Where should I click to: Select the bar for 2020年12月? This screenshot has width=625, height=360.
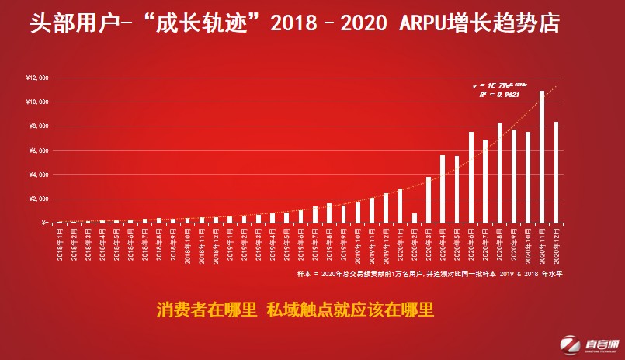coord(556,172)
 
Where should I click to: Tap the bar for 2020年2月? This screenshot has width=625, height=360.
coord(415,218)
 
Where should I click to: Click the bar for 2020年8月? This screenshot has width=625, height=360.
coord(499,172)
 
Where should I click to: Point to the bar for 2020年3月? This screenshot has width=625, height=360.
coord(429,199)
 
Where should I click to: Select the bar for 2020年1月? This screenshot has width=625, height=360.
coord(401,206)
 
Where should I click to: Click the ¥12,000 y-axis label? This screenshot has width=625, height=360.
coord(38,78)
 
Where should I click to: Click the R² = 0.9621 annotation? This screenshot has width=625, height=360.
coord(492,95)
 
